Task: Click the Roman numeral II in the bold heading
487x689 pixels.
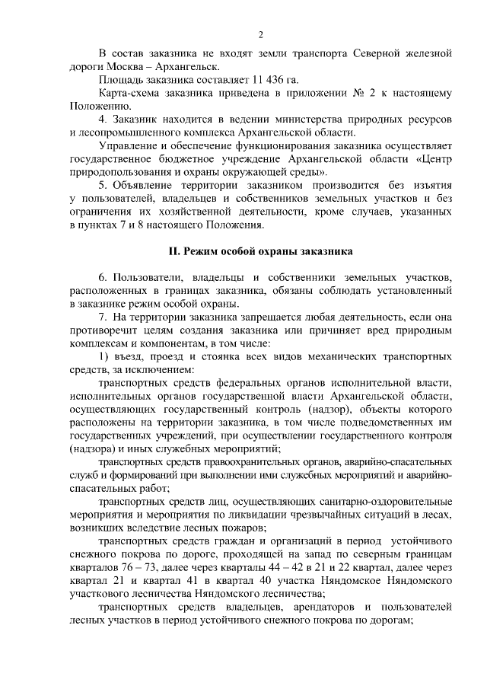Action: (173, 250)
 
